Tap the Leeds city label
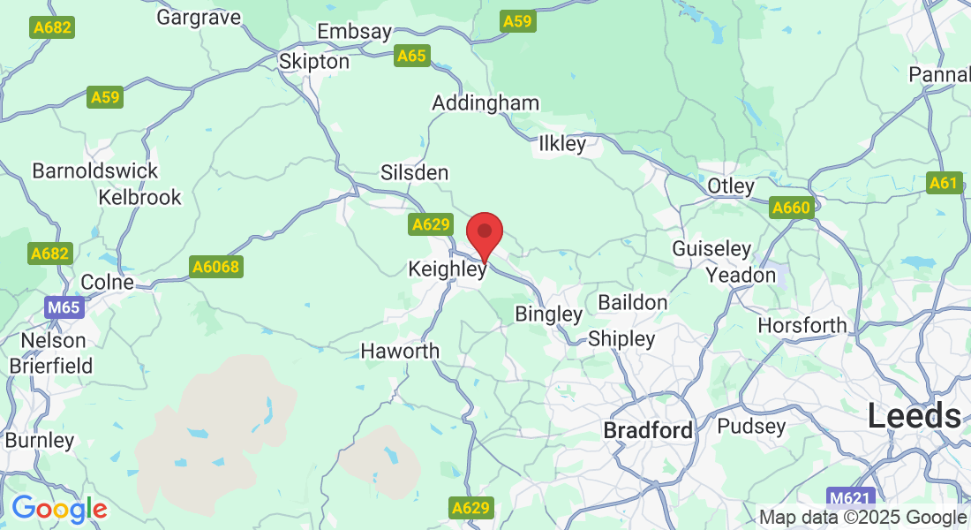(914, 416)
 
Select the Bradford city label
(648, 431)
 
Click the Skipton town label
(313, 63)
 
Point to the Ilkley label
(562, 143)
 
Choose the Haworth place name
(400, 352)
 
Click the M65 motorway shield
(64, 308)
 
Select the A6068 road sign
(215, 266)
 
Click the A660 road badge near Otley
(790, 208)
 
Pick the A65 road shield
(411, 57)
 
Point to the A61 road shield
(943, 184)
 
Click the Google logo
(59, 509)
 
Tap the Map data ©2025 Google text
(862, 518)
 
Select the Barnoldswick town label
(95, 170)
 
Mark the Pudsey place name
(751, 427)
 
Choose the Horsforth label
(802, 326)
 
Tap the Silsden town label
(414, 173)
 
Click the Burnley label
(40, 440)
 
